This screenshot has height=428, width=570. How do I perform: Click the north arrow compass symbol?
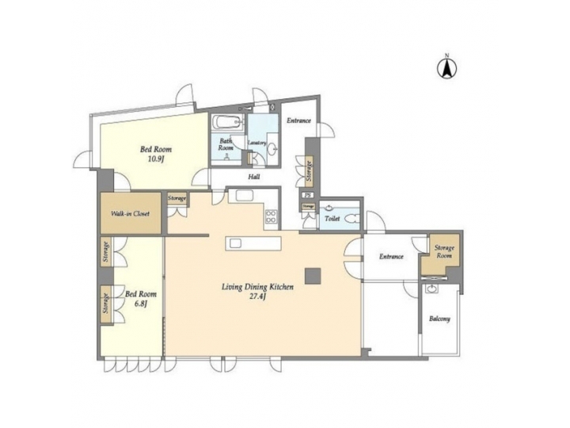tap(446, 68)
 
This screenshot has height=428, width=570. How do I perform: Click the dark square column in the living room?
tap(313, 275)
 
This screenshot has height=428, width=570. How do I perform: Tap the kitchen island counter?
tap(253, 243)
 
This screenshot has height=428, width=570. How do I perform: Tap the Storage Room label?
tap(444, 252)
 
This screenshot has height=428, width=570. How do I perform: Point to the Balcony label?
tap(439, 319)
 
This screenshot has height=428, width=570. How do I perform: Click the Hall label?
tap(254, 177)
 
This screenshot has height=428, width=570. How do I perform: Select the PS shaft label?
tap(308, 195)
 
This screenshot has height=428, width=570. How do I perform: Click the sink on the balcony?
tap(431, 291)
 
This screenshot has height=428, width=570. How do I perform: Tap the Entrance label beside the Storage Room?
tap(391, 256)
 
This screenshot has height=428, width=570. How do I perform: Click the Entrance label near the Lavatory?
tap(298, 120)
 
